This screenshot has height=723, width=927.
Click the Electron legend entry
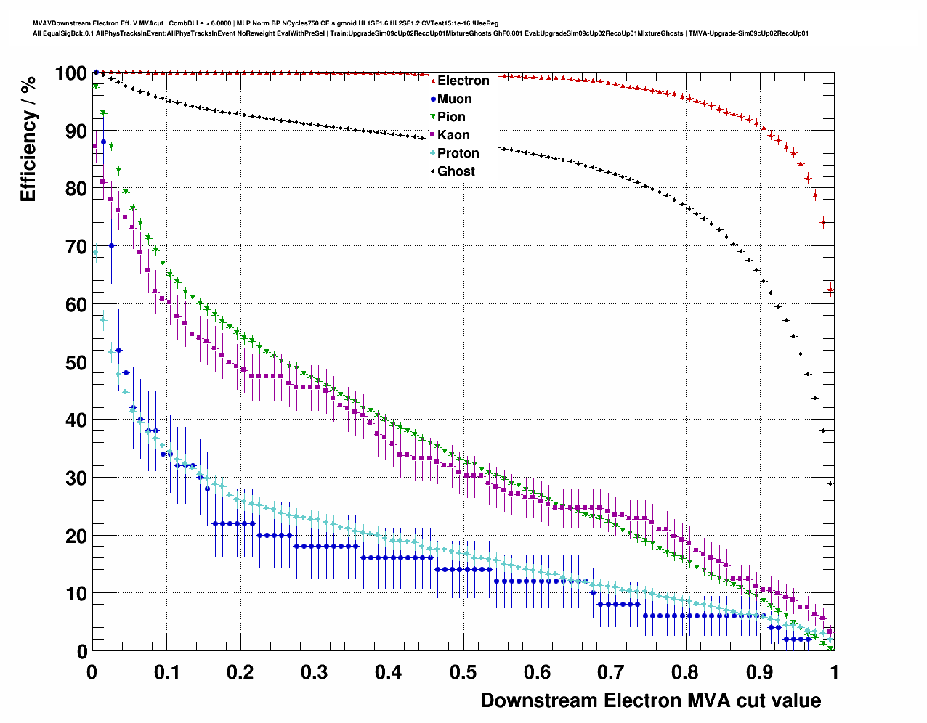pos(463,81)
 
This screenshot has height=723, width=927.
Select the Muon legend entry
pos(454,99)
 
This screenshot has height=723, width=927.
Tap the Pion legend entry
pos(450,117)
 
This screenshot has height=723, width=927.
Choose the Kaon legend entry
pos(453,135)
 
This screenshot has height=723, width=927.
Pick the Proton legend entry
pos(458,153)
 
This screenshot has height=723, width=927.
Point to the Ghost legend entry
pos(456,171)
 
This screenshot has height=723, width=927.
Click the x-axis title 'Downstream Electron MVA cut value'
pos(651,700)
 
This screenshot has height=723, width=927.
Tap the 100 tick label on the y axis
pos(70,73)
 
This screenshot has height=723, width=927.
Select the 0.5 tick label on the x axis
pos(463,672)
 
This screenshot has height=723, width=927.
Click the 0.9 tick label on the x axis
pos(760,672)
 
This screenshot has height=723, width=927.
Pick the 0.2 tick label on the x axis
pos(240,672)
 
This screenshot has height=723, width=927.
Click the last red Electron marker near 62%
pos(830,290)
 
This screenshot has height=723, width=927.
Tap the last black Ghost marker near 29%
pos(830,483)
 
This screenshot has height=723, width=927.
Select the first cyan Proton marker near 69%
pos(95,253)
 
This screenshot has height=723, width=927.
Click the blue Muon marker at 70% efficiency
pos(111,245)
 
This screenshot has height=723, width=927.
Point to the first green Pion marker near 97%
pos(95,86)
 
